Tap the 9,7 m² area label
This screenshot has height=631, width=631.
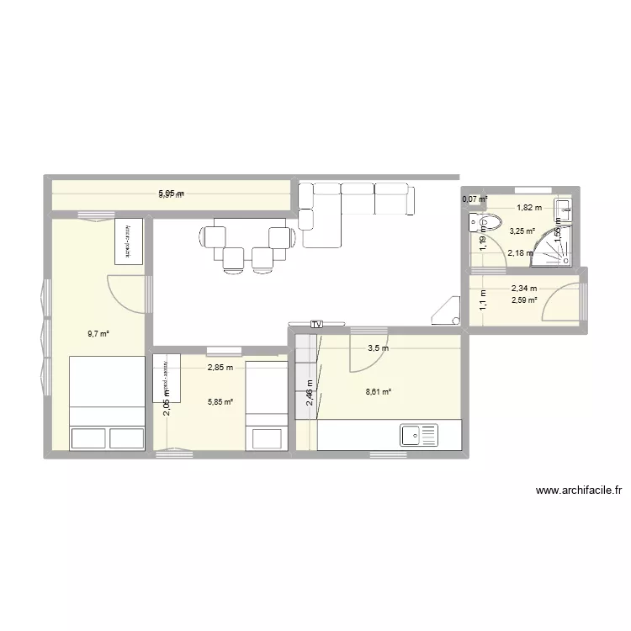(98, 334)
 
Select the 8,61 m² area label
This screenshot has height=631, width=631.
(379, 390)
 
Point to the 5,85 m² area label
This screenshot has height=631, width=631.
(220, 401)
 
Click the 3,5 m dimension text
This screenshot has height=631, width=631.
(379, 347)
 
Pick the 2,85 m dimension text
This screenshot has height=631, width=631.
(221, 367)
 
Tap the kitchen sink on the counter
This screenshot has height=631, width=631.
(419, 435)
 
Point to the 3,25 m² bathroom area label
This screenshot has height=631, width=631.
(522, 231)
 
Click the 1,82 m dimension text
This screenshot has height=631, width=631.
(529, 207)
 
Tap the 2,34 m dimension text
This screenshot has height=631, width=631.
(523, 288)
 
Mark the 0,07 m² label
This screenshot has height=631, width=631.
(475, 199)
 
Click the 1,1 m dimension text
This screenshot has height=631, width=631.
(483, 300)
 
